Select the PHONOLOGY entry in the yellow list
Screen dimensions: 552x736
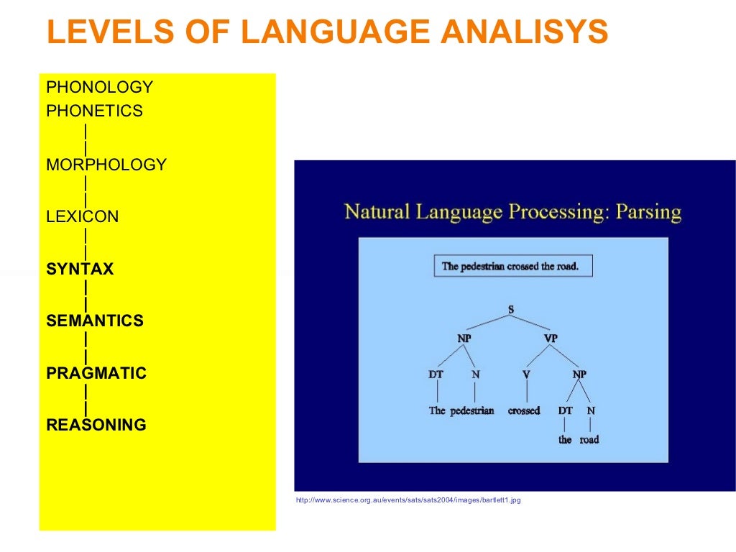click(x=99, y=88)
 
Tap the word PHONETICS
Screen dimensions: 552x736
click(x=94, y=111)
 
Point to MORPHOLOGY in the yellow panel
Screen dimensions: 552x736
click(x=106, y=165)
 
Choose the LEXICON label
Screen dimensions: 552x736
click(x=83, y=217)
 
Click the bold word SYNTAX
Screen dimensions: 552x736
click(x=80, y=270)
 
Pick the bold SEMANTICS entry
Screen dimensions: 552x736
click(x=95, y=321)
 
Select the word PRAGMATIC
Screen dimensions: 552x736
click(x=96, y=374)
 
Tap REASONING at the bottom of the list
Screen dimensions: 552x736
click(x=96, y=425)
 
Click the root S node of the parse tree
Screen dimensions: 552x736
click(x=510, y=310)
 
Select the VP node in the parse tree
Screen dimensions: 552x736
click(x=550, y=339)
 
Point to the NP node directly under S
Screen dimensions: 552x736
click(x=464, y=339)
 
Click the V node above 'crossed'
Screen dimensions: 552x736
click(x=526, y=374)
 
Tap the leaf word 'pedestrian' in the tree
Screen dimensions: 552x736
click(x=472, y=411)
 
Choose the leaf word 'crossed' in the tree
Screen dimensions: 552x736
click(x=523, y=411)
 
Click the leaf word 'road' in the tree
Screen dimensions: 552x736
click(x=589, y=439)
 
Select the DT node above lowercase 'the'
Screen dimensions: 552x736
click(x=566, y=410)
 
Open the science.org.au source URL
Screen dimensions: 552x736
click(x=408, y=500)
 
